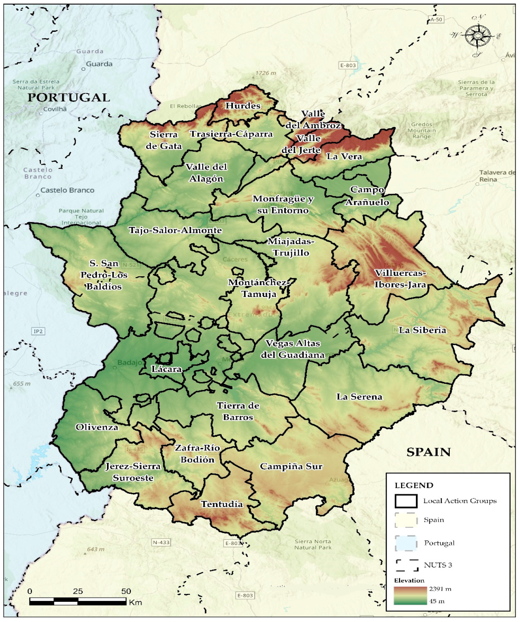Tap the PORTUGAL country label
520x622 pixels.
point(69,98)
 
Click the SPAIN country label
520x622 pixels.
point(428,452)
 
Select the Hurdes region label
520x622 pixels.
point(243,106)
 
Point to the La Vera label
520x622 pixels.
point(344,157)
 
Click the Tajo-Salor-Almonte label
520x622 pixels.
point(175,230)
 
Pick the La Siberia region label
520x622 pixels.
point(422,330)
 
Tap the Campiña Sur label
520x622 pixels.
point(291,466)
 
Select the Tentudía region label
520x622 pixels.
point(222,504)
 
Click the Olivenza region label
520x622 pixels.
point(97,427)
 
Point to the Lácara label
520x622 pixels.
point(166,369)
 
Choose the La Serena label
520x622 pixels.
point(359,397)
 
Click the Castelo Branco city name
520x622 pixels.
point(67,190)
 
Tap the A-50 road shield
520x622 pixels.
point(436,19)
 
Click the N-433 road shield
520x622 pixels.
point(161,543)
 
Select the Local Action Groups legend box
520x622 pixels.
point(406,501)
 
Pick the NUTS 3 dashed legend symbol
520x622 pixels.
point(407,565)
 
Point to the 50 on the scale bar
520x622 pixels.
point(126,591)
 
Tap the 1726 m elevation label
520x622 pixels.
point(266,73)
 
